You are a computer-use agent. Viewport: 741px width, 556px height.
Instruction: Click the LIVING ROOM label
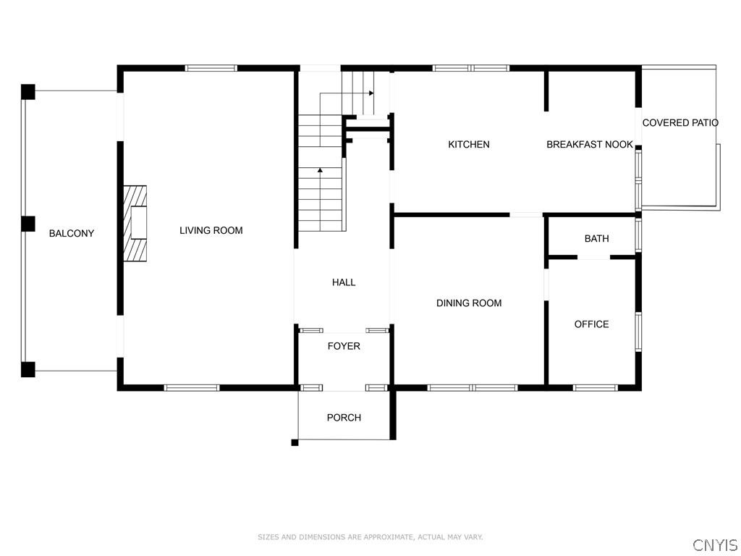(211, 231)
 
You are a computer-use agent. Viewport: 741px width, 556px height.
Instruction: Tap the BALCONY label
(72, 233)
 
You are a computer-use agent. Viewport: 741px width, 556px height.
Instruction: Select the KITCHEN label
(469, 145)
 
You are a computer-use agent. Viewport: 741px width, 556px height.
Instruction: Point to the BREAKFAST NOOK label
(589, 145)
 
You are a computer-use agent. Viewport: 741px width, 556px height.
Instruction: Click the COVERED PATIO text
(680, 123)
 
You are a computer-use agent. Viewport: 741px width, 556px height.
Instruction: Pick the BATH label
(596, 239)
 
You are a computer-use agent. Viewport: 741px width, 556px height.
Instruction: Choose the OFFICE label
(591, 324)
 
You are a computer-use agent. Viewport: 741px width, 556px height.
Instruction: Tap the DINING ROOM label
(469, 303)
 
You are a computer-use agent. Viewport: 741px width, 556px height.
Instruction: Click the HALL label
(344, 282)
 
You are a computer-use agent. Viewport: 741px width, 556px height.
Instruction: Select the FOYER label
(344, 346)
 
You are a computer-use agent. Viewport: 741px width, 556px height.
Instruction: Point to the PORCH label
(344, 418)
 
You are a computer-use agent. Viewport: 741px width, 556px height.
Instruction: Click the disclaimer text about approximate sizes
(370, 537)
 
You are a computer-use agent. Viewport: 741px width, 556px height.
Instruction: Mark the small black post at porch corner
(295, 442)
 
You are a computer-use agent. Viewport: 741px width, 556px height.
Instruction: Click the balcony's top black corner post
(27, 92)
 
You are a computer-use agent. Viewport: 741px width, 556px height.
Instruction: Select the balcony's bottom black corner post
(27, 369)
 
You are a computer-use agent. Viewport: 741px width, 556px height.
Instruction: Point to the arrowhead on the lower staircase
(320, 170)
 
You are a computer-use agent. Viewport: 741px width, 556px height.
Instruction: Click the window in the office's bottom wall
(596, 388)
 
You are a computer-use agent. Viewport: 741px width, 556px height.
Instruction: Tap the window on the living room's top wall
(211, 68)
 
